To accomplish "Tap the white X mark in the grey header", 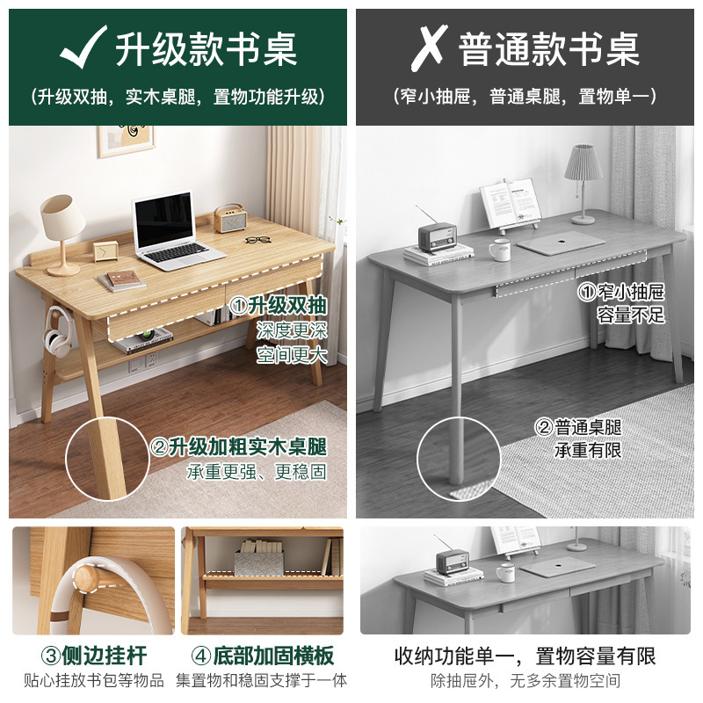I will coord(428,47).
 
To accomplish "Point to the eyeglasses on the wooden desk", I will coord(257,241).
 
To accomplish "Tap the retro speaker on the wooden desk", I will coord(228,218).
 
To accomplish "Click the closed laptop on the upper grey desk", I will coord(562,243).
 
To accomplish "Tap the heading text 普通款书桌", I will coord(550,47).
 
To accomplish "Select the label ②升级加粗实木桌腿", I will coord(239,446).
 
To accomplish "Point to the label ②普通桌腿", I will coord(579,428).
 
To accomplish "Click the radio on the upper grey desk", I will coord(437,236).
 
